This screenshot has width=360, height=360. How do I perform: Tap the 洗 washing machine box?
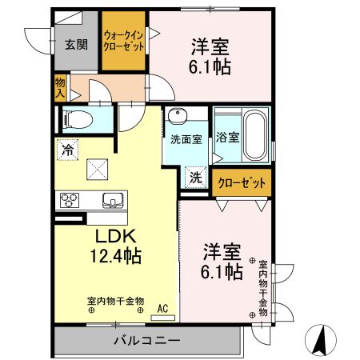pos(195,177)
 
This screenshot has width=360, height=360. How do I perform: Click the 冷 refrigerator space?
pos(69,149)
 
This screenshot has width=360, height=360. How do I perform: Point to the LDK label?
pos(116,237)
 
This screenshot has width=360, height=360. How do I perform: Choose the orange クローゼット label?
pos(241,183)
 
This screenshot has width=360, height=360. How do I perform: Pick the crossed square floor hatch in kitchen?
pos(99,169)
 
